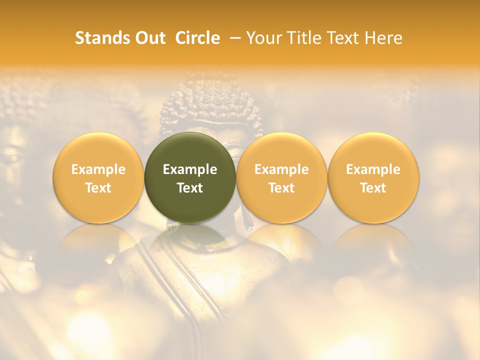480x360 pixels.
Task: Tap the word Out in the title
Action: point(149,38)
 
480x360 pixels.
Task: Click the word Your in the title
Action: point(263,38)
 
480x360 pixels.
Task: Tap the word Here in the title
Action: point(384,38)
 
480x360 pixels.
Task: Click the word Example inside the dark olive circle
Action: point(190,169)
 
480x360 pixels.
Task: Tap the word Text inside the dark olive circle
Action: point(190,188)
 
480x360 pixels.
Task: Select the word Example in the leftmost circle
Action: point(98,169)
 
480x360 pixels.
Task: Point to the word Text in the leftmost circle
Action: point(98,188)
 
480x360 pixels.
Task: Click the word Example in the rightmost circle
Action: point(373,169)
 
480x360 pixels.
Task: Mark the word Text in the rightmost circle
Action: point(373,188)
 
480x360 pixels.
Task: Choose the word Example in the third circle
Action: point(281,169)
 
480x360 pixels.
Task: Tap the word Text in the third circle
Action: point(281,188)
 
